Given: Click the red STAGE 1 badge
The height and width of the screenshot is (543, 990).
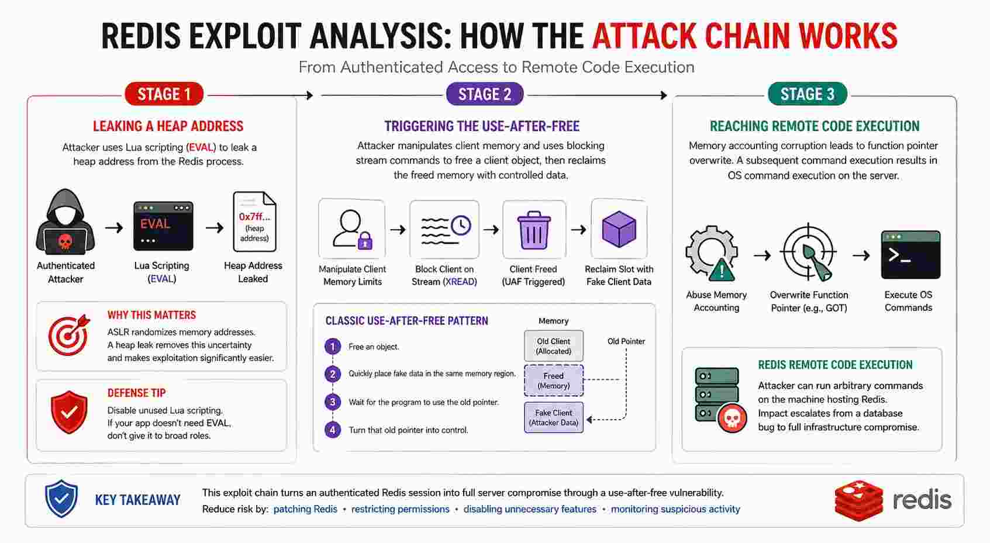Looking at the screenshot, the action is click(164, 94).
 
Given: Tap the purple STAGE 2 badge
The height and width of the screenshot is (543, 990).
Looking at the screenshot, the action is click(485, 94).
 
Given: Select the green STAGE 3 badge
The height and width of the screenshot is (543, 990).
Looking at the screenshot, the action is click(808, 94).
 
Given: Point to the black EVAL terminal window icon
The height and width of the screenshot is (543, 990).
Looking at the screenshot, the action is click(163, 226).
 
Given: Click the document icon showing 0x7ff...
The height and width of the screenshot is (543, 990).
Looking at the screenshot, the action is click(254, 222).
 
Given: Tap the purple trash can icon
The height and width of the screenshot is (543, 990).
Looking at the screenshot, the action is click(534, 230).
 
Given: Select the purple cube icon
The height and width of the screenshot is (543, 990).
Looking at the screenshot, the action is click(619, 229).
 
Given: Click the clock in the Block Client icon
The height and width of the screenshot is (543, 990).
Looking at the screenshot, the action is click(461, 226).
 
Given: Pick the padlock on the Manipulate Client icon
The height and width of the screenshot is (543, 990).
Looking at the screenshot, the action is click(365, 241).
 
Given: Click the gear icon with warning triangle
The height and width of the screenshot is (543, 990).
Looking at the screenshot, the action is click(712, 254).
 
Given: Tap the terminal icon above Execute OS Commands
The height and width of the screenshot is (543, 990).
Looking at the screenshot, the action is click(910, 254).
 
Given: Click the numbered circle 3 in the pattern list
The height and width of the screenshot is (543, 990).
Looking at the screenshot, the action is click(333, 402).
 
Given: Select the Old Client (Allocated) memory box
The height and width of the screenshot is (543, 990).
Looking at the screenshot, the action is click(553, 346).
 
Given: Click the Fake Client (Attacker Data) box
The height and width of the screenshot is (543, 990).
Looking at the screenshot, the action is click(553, 417).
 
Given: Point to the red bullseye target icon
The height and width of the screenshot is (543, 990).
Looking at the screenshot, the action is click(68, 336).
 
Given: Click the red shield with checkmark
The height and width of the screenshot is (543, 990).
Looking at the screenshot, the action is click(69, 411).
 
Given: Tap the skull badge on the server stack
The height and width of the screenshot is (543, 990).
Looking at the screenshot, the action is click(732, 418).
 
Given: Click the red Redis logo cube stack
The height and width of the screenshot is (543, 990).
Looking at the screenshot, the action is click(859, 500).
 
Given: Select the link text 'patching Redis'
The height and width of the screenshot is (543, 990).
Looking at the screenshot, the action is click(305, 509).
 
